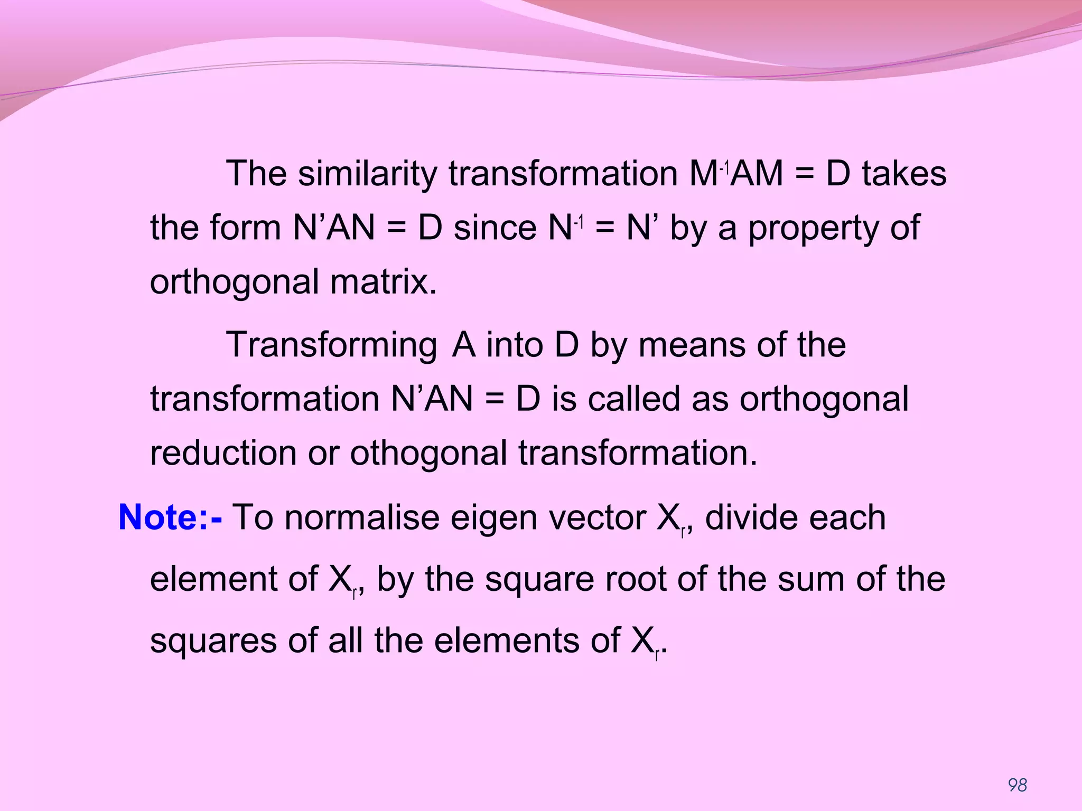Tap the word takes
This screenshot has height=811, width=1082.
pyautogui.click(x=904, y=174)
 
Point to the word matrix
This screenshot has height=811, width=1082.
pyautogui.click(x=383, y=282)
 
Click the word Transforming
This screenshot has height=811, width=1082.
pyautogui.click(x=332, y=345)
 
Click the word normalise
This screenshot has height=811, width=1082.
pyautogui.click(x=362, y=517)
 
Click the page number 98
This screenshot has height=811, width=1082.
pyautogui.click(x=1017, y=785)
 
